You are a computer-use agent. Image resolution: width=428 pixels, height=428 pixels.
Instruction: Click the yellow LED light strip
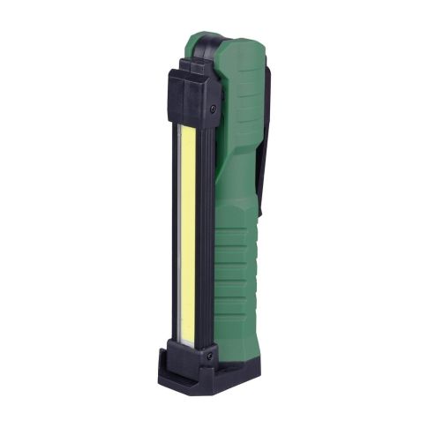[188, 234]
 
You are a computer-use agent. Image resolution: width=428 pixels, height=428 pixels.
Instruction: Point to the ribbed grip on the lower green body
[234, 274]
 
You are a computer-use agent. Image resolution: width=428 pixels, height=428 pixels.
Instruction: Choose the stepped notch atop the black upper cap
[182, 65]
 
